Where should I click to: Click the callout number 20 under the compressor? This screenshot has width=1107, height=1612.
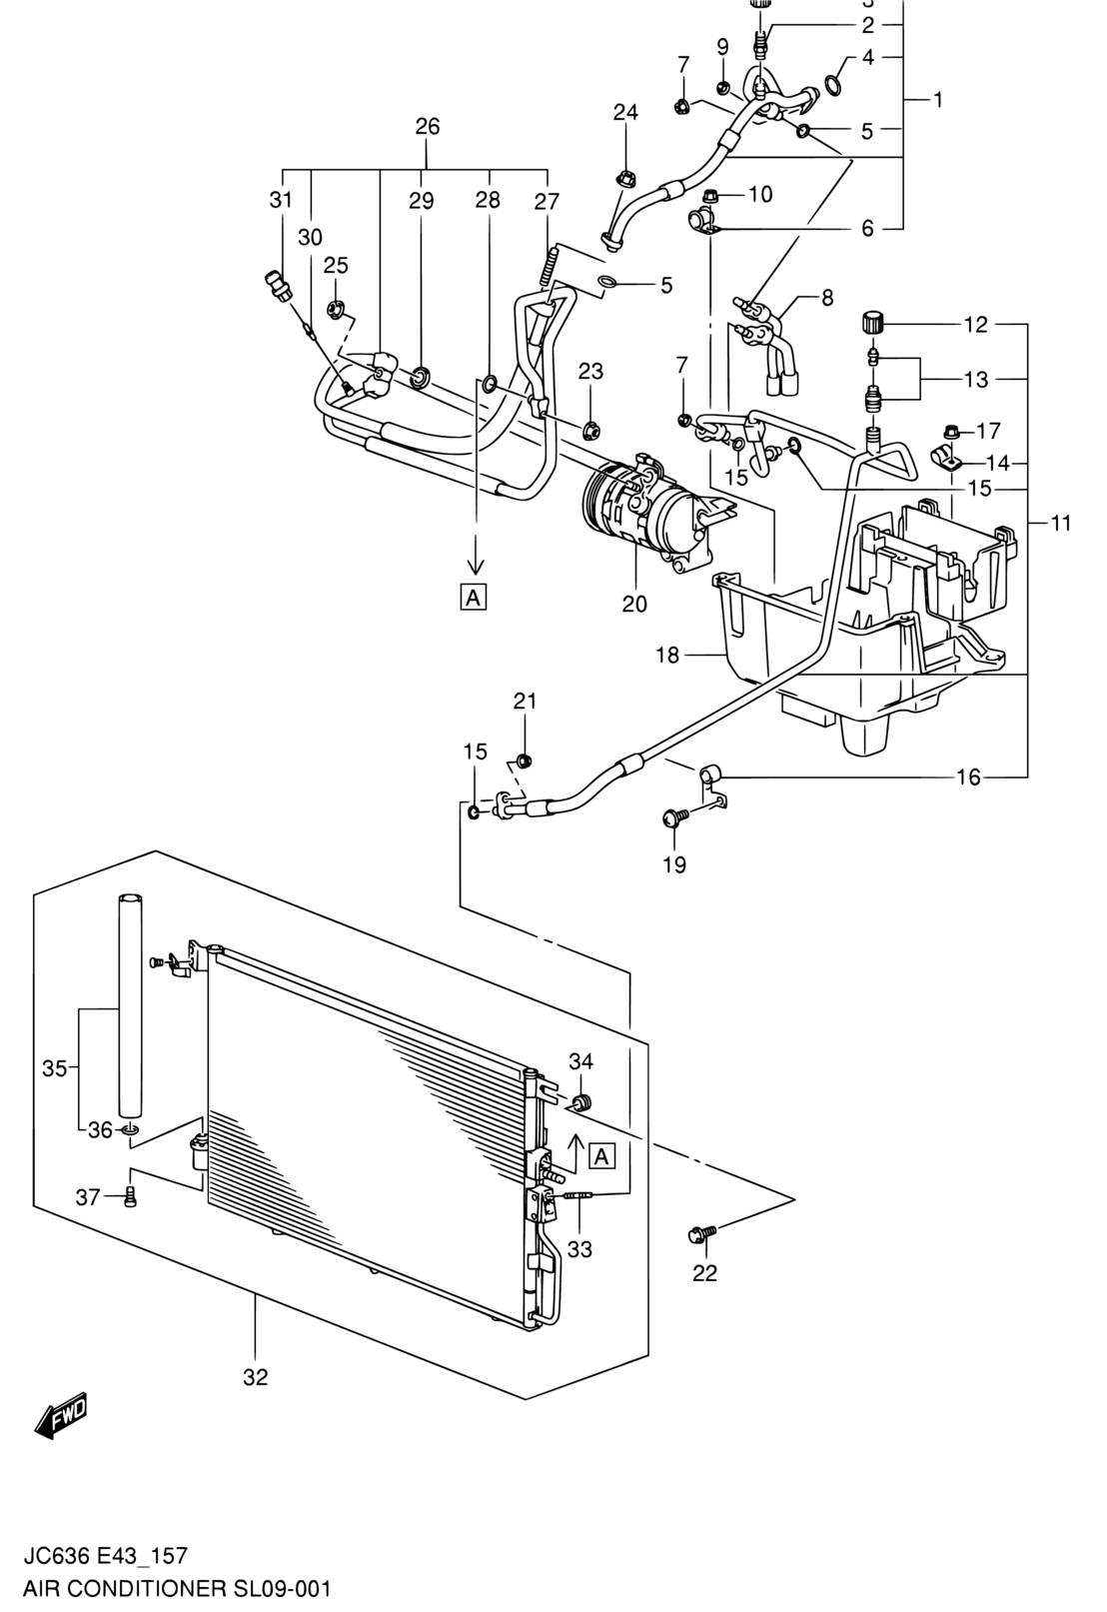pos(634,603)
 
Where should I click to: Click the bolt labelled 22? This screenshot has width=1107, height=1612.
pos(701,1233)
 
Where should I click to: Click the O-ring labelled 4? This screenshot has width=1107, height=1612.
pos(833,84)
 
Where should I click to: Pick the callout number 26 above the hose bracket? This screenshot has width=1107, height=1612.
pos(428,127)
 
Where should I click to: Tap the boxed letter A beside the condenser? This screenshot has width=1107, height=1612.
pos(602,1156)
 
